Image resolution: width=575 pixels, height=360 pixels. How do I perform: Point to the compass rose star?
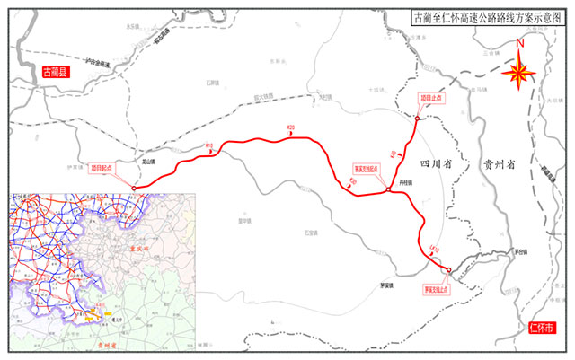pos(519,74)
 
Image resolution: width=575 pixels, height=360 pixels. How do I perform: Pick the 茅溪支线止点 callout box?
pos(436,290)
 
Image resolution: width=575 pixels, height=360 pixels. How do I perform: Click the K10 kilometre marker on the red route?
pos(208,146)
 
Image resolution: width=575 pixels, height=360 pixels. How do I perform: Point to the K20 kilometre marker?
pos(290,129)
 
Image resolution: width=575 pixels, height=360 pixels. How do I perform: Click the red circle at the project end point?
pos(418,118)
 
